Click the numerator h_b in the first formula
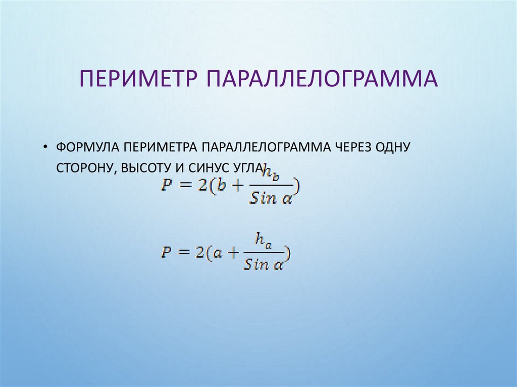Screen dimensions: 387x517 click(x=271, y=174)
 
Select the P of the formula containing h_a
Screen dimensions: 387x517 click(x=166, y=252)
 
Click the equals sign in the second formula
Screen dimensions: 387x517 click(x=184, y=252)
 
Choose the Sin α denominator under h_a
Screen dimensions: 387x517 click(x=263, y=264)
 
